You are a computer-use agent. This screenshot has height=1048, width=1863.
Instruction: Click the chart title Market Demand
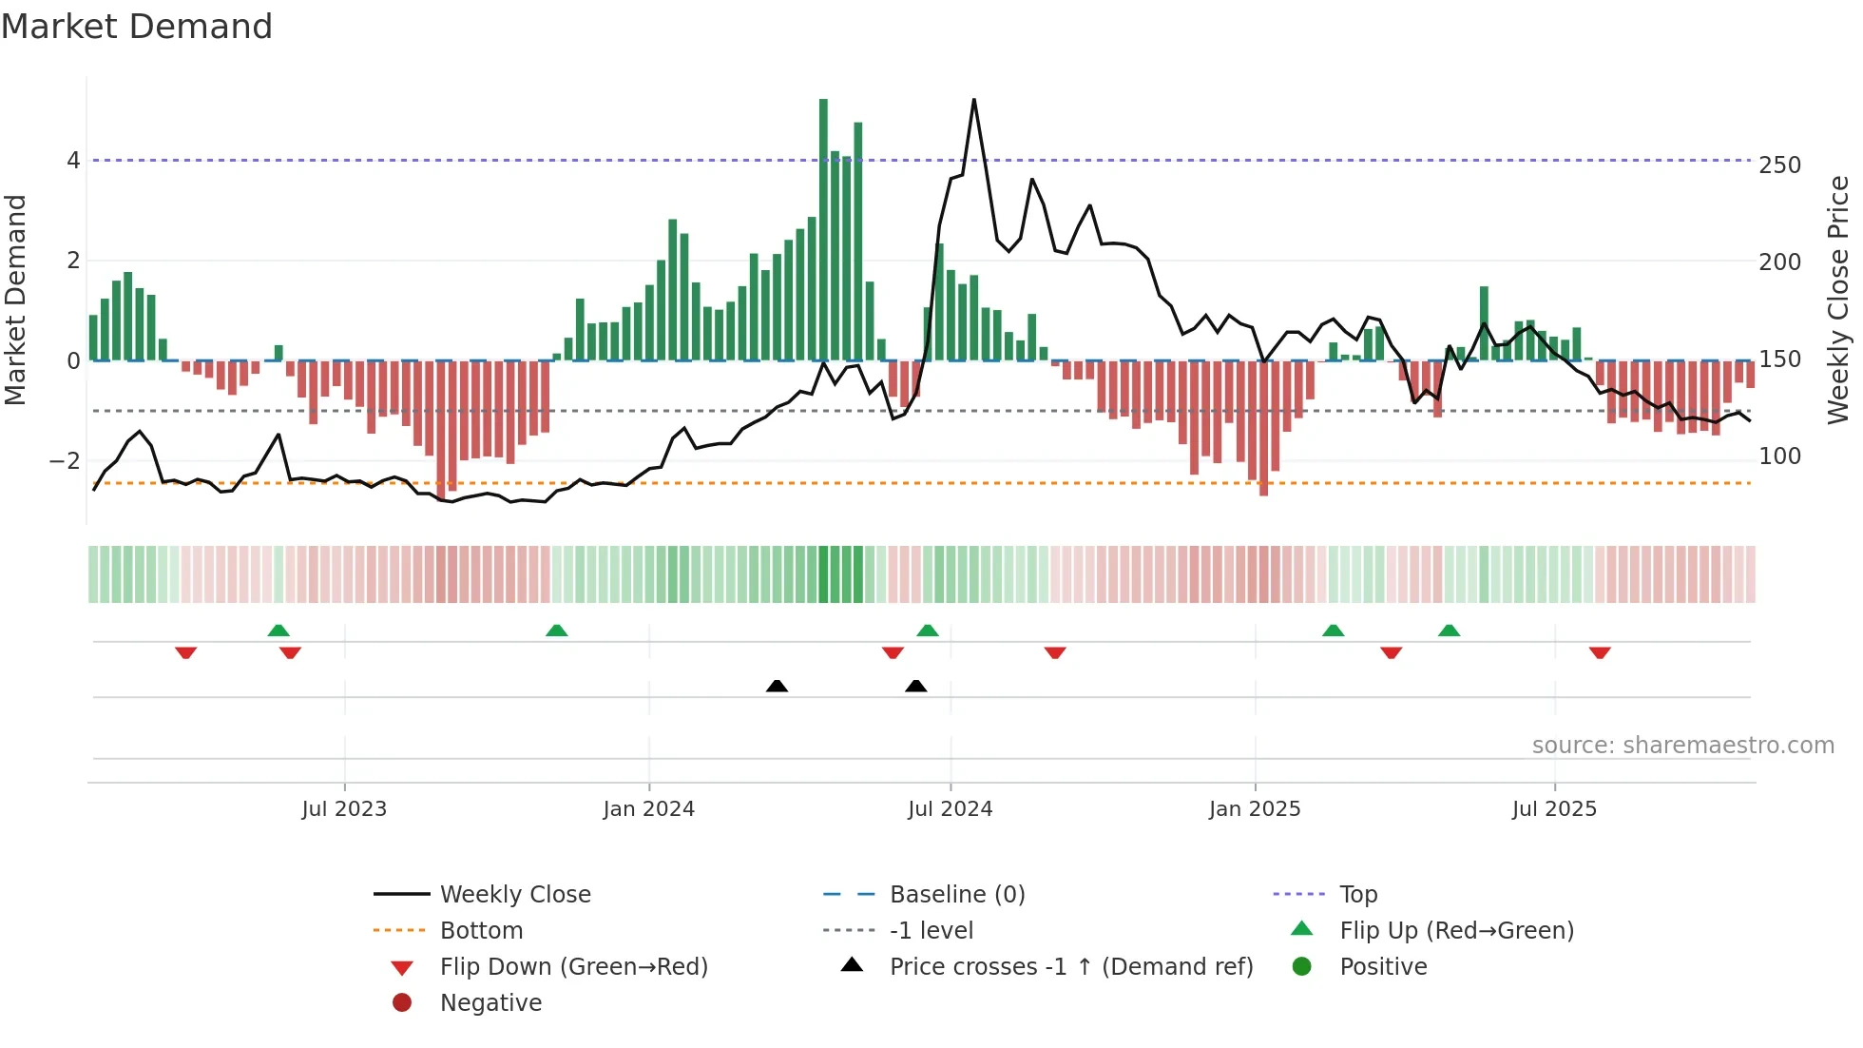(x=137, y=27)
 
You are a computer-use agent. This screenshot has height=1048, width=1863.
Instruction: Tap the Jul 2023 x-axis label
(x=344, y=809)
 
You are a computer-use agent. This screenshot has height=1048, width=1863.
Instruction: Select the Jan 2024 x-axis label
(x=648, y=809)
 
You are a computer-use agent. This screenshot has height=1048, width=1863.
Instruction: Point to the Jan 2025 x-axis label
(x=1255, y=809)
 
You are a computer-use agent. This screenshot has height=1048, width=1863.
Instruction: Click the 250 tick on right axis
(x=1779, y=165)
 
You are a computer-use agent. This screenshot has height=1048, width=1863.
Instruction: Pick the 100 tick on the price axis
(x=1779, y=456)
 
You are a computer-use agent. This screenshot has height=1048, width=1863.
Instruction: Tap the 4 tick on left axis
(x=73, y=161)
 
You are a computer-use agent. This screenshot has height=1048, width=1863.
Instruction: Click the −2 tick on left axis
(x=66, y=461)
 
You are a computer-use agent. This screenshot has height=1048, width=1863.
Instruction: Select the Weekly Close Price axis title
(x=1838, y=300)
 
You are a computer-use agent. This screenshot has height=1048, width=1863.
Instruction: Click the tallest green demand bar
(x=823, y=228)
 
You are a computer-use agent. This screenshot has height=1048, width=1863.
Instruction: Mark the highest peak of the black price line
(x=974, y=101)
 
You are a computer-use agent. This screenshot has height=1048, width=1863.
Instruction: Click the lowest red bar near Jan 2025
(x=1263, y=428)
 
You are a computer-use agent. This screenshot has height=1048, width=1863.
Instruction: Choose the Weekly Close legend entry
(x=514, y=895)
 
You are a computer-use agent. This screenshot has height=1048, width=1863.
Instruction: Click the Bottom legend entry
(x=481, y=931)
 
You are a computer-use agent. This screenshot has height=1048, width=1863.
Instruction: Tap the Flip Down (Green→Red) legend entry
(x=573, y=967)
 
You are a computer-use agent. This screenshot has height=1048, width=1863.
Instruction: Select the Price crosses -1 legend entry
(x=1071, y=967)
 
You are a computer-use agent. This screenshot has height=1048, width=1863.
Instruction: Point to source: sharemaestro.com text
(x=1682, y=746)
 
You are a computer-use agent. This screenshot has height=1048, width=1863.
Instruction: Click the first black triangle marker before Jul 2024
(x=777, y=686)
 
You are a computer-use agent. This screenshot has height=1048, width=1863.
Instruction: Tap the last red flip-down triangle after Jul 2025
(x=1600, y=652)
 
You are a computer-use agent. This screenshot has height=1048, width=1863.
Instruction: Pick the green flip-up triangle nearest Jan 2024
(x=557, y=631)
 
